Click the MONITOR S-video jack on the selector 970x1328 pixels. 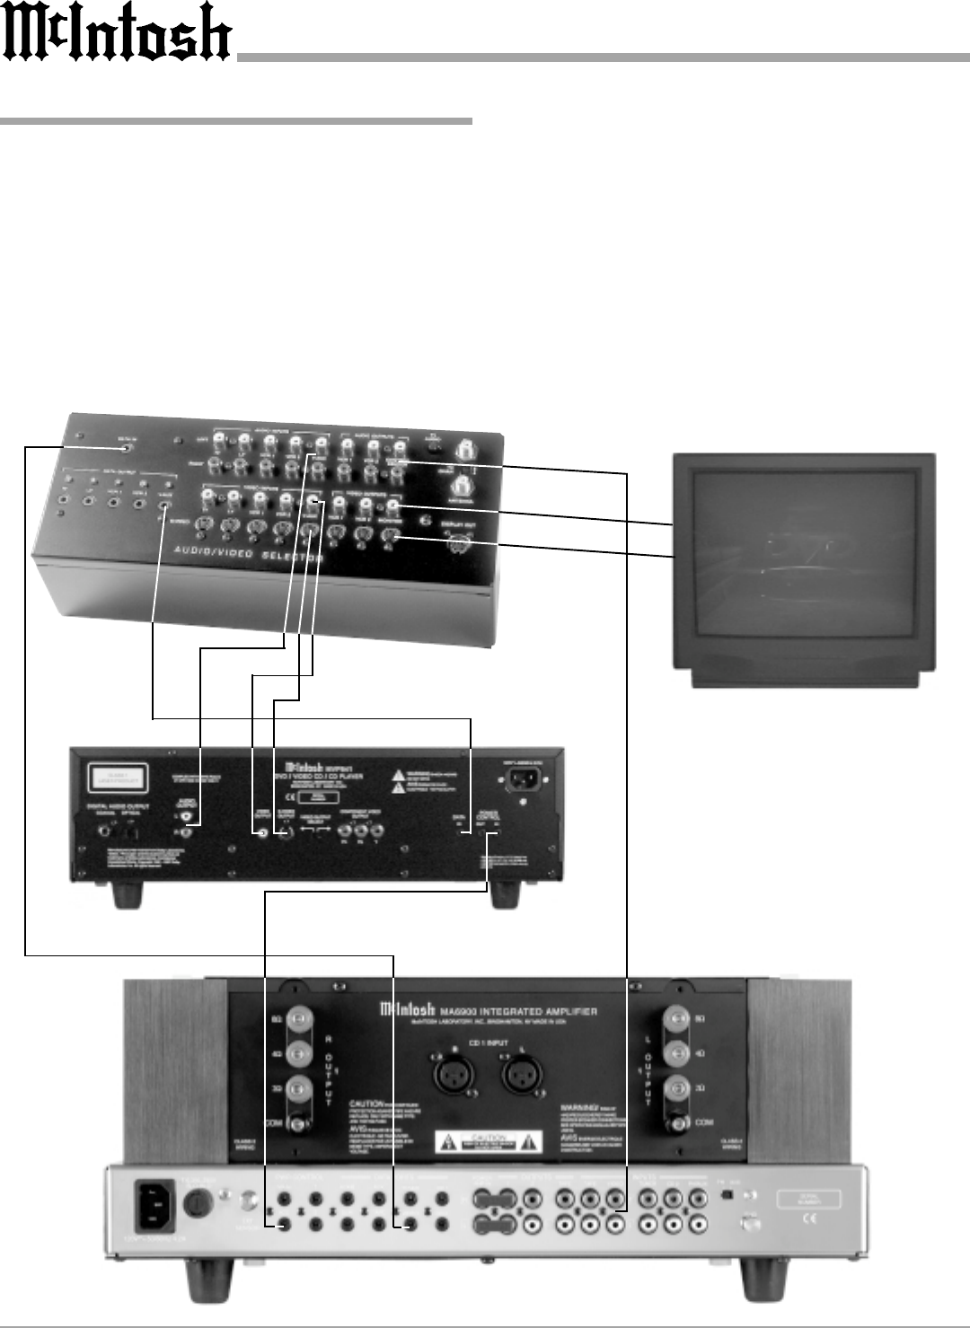click(x=389, y=537)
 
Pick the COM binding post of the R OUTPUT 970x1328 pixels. click(x=299, y=1122)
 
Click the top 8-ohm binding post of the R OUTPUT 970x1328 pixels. click(x=299, y=1021)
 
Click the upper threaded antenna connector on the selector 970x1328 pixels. click(x=466, y=448)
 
